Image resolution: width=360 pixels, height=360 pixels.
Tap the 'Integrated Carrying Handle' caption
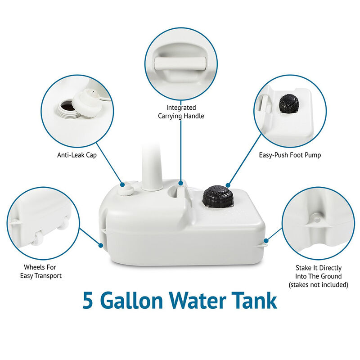pos(181,112)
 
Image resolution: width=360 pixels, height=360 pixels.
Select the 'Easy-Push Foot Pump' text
pos(290,155)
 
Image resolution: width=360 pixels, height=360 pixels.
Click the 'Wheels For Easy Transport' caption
pos(41,271)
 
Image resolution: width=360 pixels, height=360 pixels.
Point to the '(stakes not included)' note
pos(318,284)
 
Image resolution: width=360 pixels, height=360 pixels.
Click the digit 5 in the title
pos(88,301)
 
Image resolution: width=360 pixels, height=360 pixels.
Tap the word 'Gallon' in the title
pos(135,301)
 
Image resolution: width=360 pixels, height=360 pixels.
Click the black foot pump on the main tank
pos(218,197)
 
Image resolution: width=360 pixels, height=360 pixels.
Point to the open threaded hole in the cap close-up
pos(68,108)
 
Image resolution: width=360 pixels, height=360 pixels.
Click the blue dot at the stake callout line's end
pos(267,240)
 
